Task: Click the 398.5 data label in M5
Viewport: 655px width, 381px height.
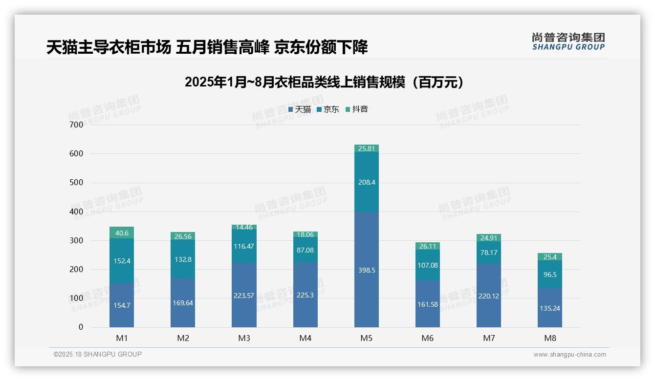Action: (x=367, y=270)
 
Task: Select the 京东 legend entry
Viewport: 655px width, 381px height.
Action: (x=328, y=109)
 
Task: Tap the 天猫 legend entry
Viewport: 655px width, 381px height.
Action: (x=300, y=109)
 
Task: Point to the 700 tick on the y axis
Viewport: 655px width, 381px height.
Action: (x=77, y=125)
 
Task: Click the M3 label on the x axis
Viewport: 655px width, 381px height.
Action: (x=244, y=338)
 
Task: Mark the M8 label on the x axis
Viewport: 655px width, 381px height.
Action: (x=550, y=338)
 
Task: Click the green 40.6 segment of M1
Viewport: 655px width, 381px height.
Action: (x=122, y=233)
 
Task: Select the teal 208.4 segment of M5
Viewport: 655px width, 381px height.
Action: (x=367, y=182)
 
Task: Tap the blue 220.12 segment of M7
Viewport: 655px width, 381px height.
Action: (x=489, y=296)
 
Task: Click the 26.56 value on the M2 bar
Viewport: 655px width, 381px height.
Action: (x=183, y=236)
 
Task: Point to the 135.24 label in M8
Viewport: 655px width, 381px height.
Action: (x=550, y=308)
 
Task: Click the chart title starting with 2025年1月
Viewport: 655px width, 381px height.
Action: (x=324, y=83)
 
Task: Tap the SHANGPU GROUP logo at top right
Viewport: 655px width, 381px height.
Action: (x=568, y=42)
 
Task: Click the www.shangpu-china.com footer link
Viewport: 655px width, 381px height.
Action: (x=569, y=355)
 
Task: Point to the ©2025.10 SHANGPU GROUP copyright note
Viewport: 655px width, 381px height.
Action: (x=98, y=355)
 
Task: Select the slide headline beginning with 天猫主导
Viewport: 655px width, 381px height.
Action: (x=207, y=47)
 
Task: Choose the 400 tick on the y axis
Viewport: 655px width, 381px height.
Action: (x=77, y=212)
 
